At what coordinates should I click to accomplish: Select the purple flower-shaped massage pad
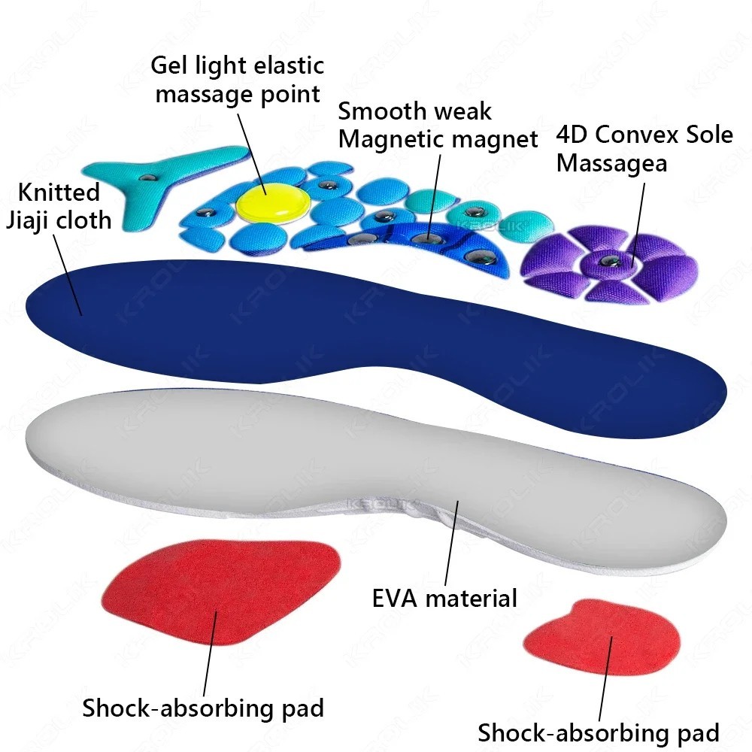(x=609, y=263)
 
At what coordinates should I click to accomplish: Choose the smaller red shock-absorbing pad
(x=602, y=639)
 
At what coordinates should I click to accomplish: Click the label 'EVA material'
(x=444, y=599)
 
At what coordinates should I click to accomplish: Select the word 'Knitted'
(x=59, y=193)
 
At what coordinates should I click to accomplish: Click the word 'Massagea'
(x=611, y=163)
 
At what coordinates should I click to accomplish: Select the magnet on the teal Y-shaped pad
(x=148, y=177)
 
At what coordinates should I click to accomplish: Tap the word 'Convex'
(x=638, y=135)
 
